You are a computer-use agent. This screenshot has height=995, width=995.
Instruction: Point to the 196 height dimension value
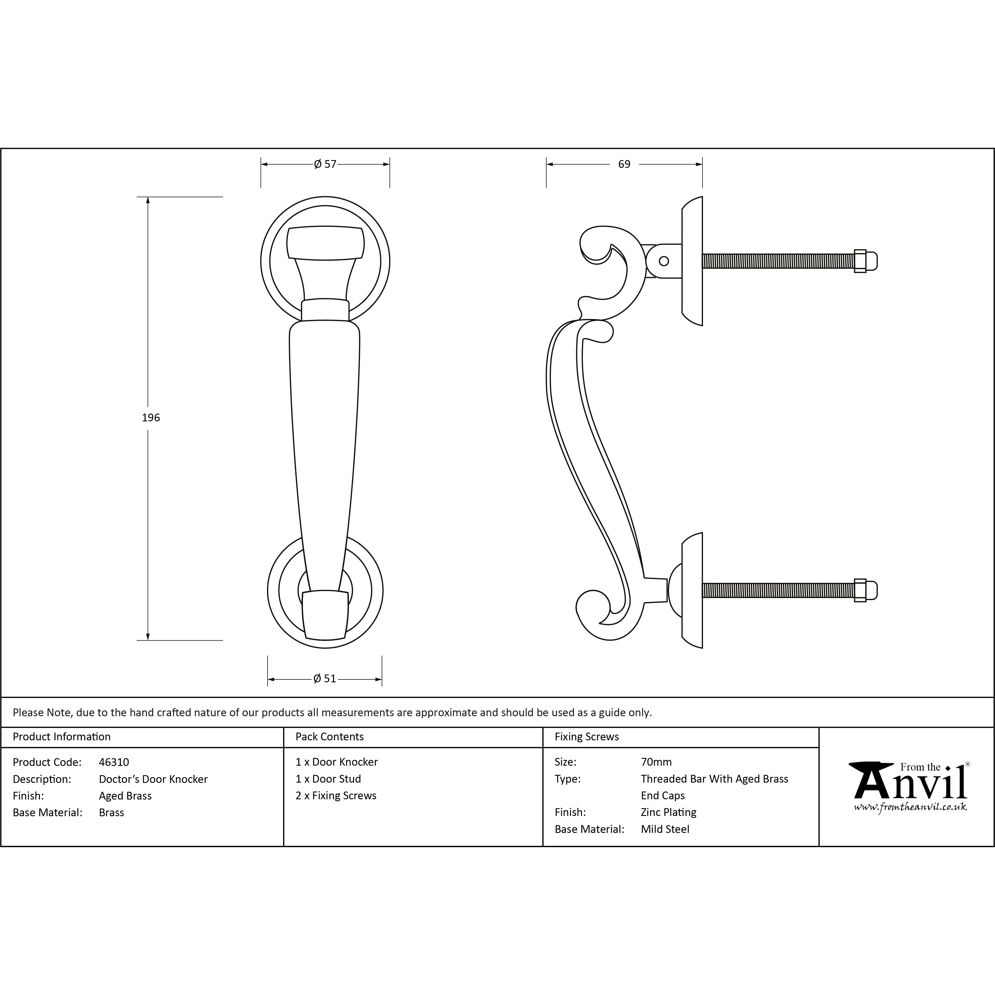point(151,418)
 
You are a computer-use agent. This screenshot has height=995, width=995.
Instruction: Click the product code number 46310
point(114,762)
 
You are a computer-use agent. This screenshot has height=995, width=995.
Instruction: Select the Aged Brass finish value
point(125,796)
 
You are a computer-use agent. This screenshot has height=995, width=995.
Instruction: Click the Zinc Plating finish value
point(669,812)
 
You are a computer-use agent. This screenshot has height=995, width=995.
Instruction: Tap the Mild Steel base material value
point(665,829)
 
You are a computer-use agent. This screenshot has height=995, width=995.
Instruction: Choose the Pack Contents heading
point(330,736)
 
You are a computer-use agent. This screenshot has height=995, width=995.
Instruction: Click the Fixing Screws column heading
point(587,736)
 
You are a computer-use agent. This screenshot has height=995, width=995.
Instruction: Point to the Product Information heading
point(62,736)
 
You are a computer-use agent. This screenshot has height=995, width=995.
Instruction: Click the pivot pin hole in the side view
point(664,261)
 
